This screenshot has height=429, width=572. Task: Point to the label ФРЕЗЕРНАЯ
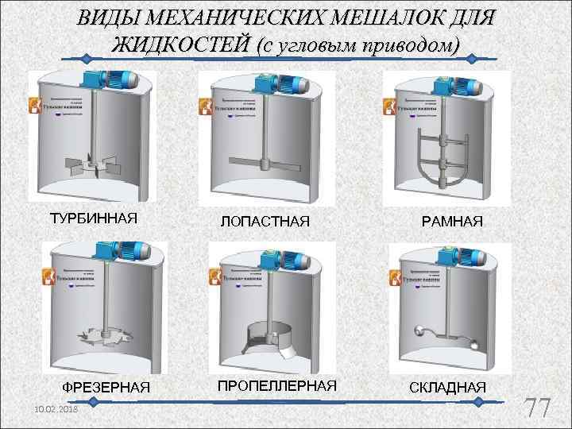pyautogui.click(x=106, y=387)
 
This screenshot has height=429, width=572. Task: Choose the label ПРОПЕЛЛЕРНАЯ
pyautogui.click(x=277, y=385)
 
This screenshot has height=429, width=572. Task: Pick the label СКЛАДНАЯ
pyautogui.click(x=447, y=387)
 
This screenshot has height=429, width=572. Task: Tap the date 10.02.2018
pyautogui.click(x=56, y=406)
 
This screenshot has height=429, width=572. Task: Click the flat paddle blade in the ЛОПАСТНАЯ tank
pyautogui.click(x=265, y=164)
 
